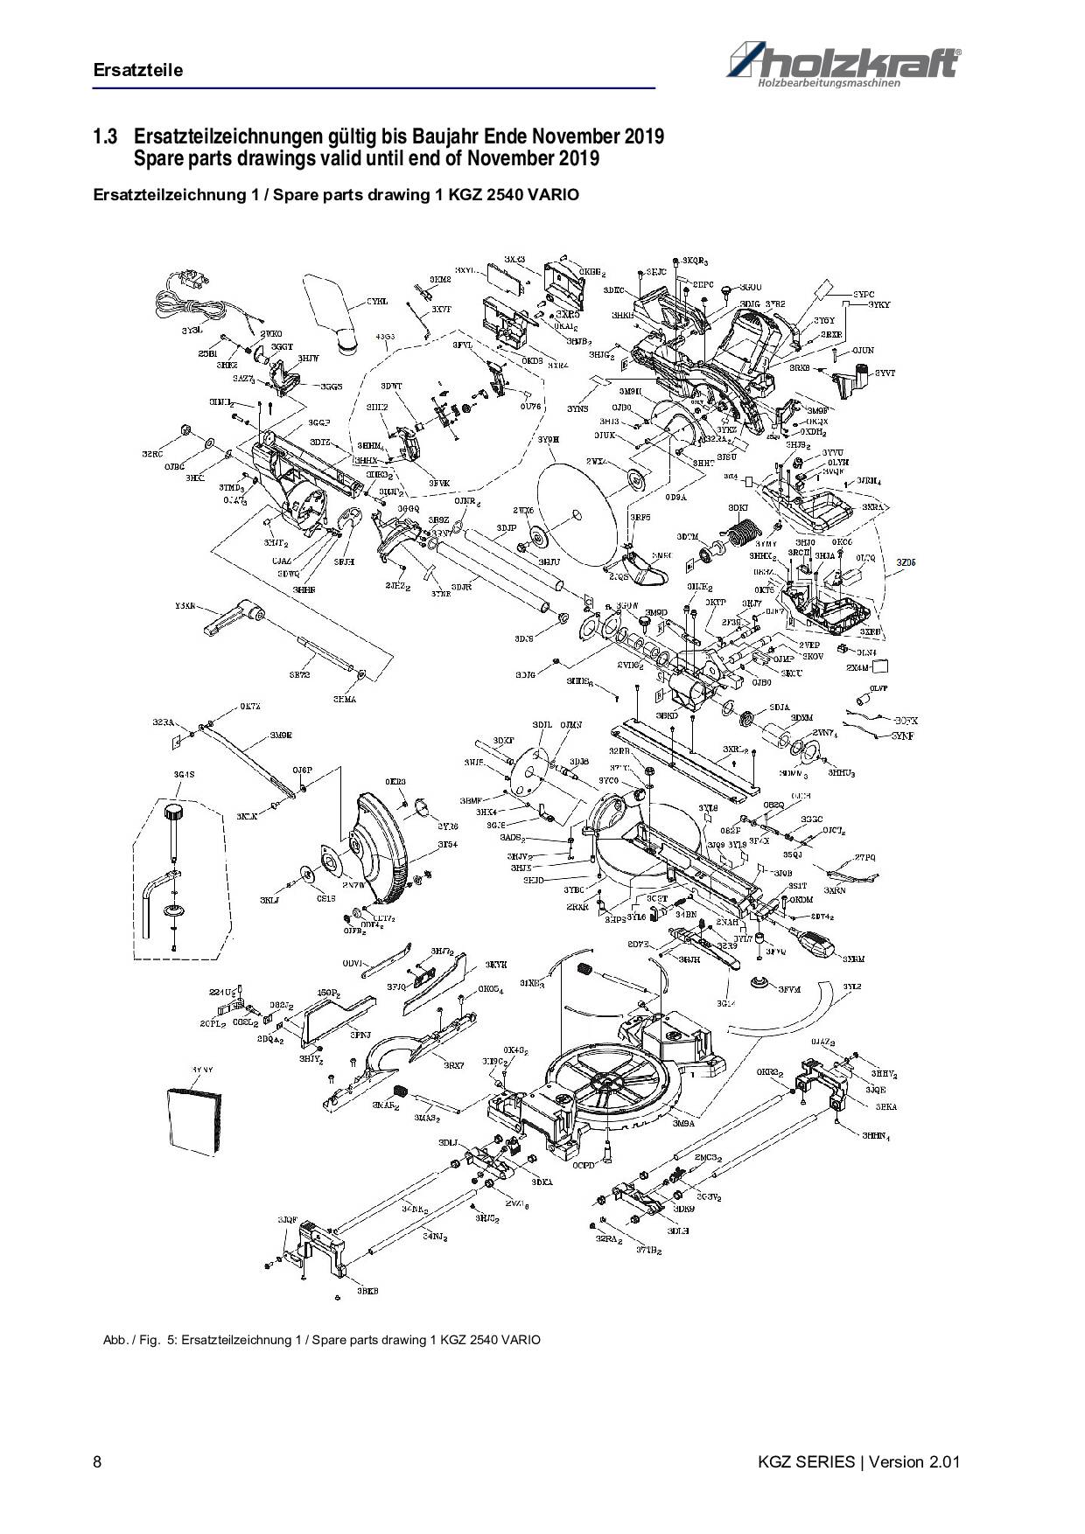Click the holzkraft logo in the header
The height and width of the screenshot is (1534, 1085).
[x=843, y=66]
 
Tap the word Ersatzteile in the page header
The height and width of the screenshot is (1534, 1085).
[x=138, y=70]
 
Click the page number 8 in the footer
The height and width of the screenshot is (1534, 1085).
[x=97, y=1462]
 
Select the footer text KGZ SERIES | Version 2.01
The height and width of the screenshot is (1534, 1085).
[x=861, y=1462]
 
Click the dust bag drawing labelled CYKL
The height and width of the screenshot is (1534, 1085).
[x=333, y=310]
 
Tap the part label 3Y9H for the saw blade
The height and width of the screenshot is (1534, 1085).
[x=548, y=439]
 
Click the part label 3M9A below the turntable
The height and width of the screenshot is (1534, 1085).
[x=683, y=1124]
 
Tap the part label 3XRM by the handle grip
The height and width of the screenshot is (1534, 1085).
[x=854, y=959]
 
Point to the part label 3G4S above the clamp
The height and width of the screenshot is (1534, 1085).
[x=184, y=775]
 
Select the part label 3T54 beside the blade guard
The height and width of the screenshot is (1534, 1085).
[x=447, y=845]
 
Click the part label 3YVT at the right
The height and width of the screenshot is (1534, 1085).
[x=885, y=373]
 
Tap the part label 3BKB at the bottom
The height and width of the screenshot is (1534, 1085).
[x=367, y=1290]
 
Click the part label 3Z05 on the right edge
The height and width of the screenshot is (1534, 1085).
[x=906, y=563]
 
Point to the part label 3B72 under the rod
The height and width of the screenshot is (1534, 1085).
[x=299, y=675]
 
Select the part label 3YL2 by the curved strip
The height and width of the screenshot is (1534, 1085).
[x=851, y=987]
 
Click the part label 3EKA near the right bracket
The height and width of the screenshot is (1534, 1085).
[x=885, y=1106]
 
